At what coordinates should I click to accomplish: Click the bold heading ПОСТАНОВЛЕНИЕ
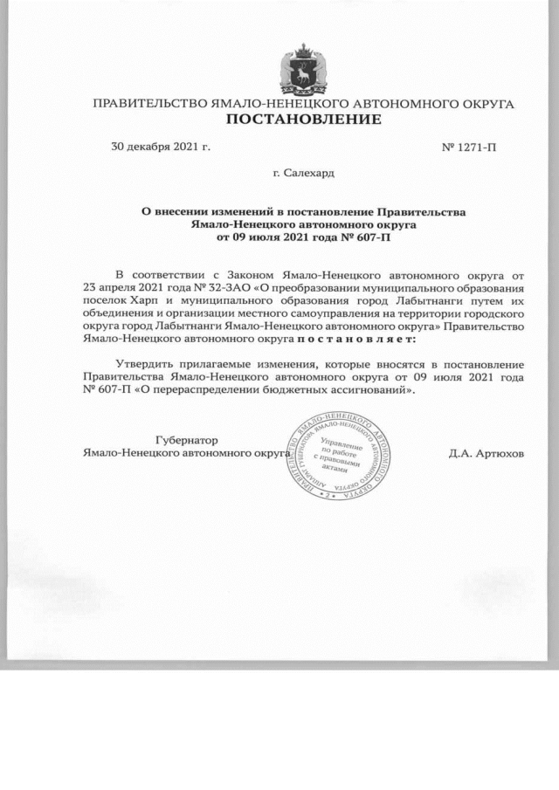point(304,119)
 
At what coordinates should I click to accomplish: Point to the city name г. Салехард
point(303,173)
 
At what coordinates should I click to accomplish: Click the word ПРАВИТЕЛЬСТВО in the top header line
point(151,104)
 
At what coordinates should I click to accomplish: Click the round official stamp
point(340,456)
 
